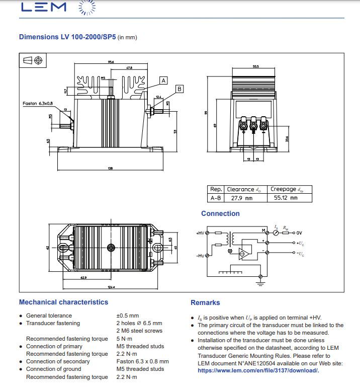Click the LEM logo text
pos(44,7)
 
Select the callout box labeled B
pos(179,89)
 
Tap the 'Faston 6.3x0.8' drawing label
pos(38,103)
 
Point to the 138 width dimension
pos(111,168)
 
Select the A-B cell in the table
pos(216,198)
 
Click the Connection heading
pos(220,213)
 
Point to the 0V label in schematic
pos(299,232)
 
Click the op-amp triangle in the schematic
pos(245,253)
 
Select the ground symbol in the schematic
pos(260,282)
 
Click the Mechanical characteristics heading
pos(63,302)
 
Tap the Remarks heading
pos(205,302)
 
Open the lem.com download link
pos(258,370)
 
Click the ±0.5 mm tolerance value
pos(127,316)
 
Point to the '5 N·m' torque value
pos(125,339)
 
